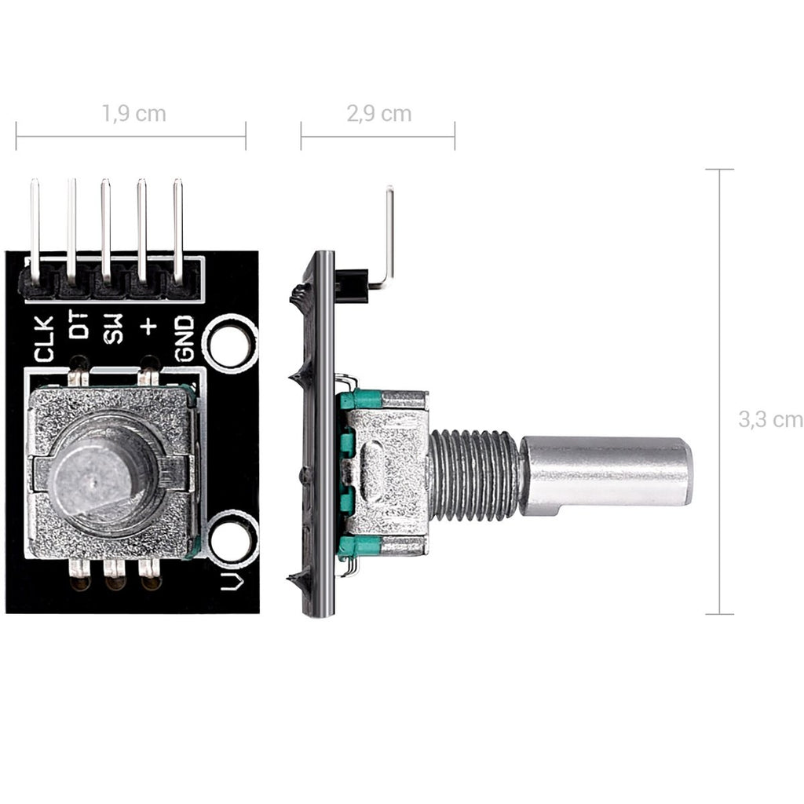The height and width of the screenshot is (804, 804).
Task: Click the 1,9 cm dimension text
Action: [133, 113]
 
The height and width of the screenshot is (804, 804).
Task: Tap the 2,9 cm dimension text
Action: [378, 113]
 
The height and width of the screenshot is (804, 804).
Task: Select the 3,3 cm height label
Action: [769, 419]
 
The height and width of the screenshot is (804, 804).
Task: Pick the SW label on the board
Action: [114, 328]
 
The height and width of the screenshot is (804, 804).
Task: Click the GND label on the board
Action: [184, 338]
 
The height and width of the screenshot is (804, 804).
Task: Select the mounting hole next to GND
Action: [229, 342]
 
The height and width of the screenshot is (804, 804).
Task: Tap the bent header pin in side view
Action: [388, 236]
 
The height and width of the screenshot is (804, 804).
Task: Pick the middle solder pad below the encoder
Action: [115, 576]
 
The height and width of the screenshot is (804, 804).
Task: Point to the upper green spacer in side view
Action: [360, 400]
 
